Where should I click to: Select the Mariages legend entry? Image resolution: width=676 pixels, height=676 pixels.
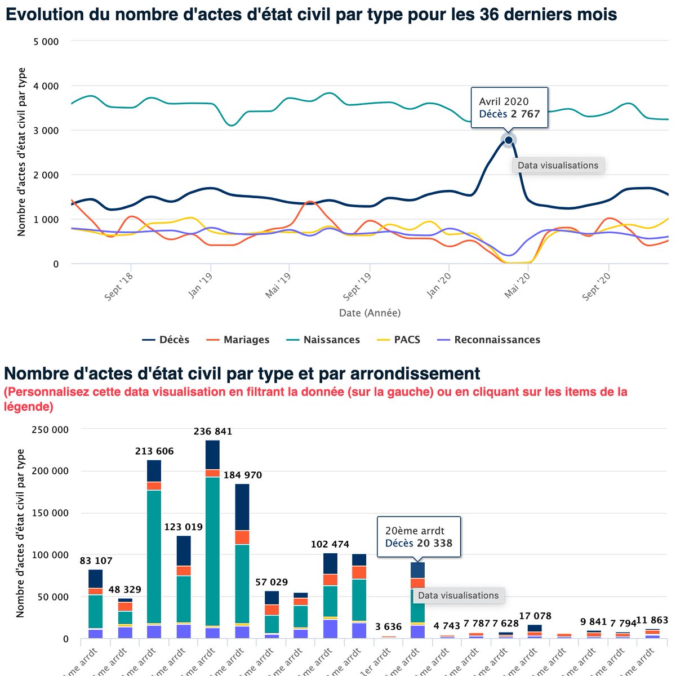(238, 340)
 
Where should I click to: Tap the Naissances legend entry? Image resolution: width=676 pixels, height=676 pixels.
(323, 340)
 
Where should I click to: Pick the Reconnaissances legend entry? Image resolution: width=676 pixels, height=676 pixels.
(489, 340)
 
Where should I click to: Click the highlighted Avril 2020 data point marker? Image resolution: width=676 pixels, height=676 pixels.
(509, 140)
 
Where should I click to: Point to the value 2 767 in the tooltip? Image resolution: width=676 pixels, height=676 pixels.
(525, 114)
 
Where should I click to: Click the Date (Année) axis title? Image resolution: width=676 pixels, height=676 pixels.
(370, 313)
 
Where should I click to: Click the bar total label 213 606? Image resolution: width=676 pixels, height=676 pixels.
(154, 451)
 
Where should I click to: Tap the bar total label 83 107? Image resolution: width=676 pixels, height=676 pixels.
(96, 561)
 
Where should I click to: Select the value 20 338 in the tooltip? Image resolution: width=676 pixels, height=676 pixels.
(434, 543)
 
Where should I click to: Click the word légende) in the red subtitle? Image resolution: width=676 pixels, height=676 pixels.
(29, 406)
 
